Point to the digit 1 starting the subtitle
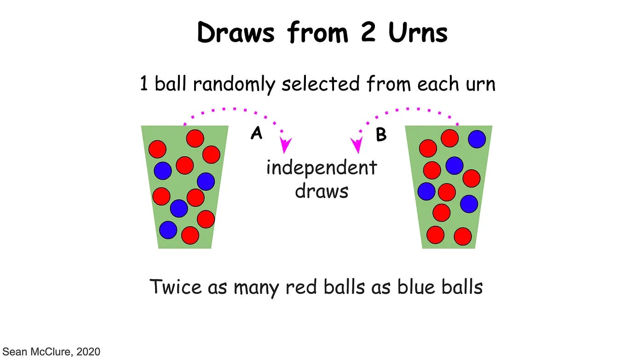point(144,84)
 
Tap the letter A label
point(256,133)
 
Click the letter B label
point(381,135)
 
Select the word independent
point(322,167)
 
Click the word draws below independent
point(322,190)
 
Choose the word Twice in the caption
point(175,287)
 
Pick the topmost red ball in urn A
point(195,138)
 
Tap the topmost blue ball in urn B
point(477,139)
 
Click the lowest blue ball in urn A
point(168,229)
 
